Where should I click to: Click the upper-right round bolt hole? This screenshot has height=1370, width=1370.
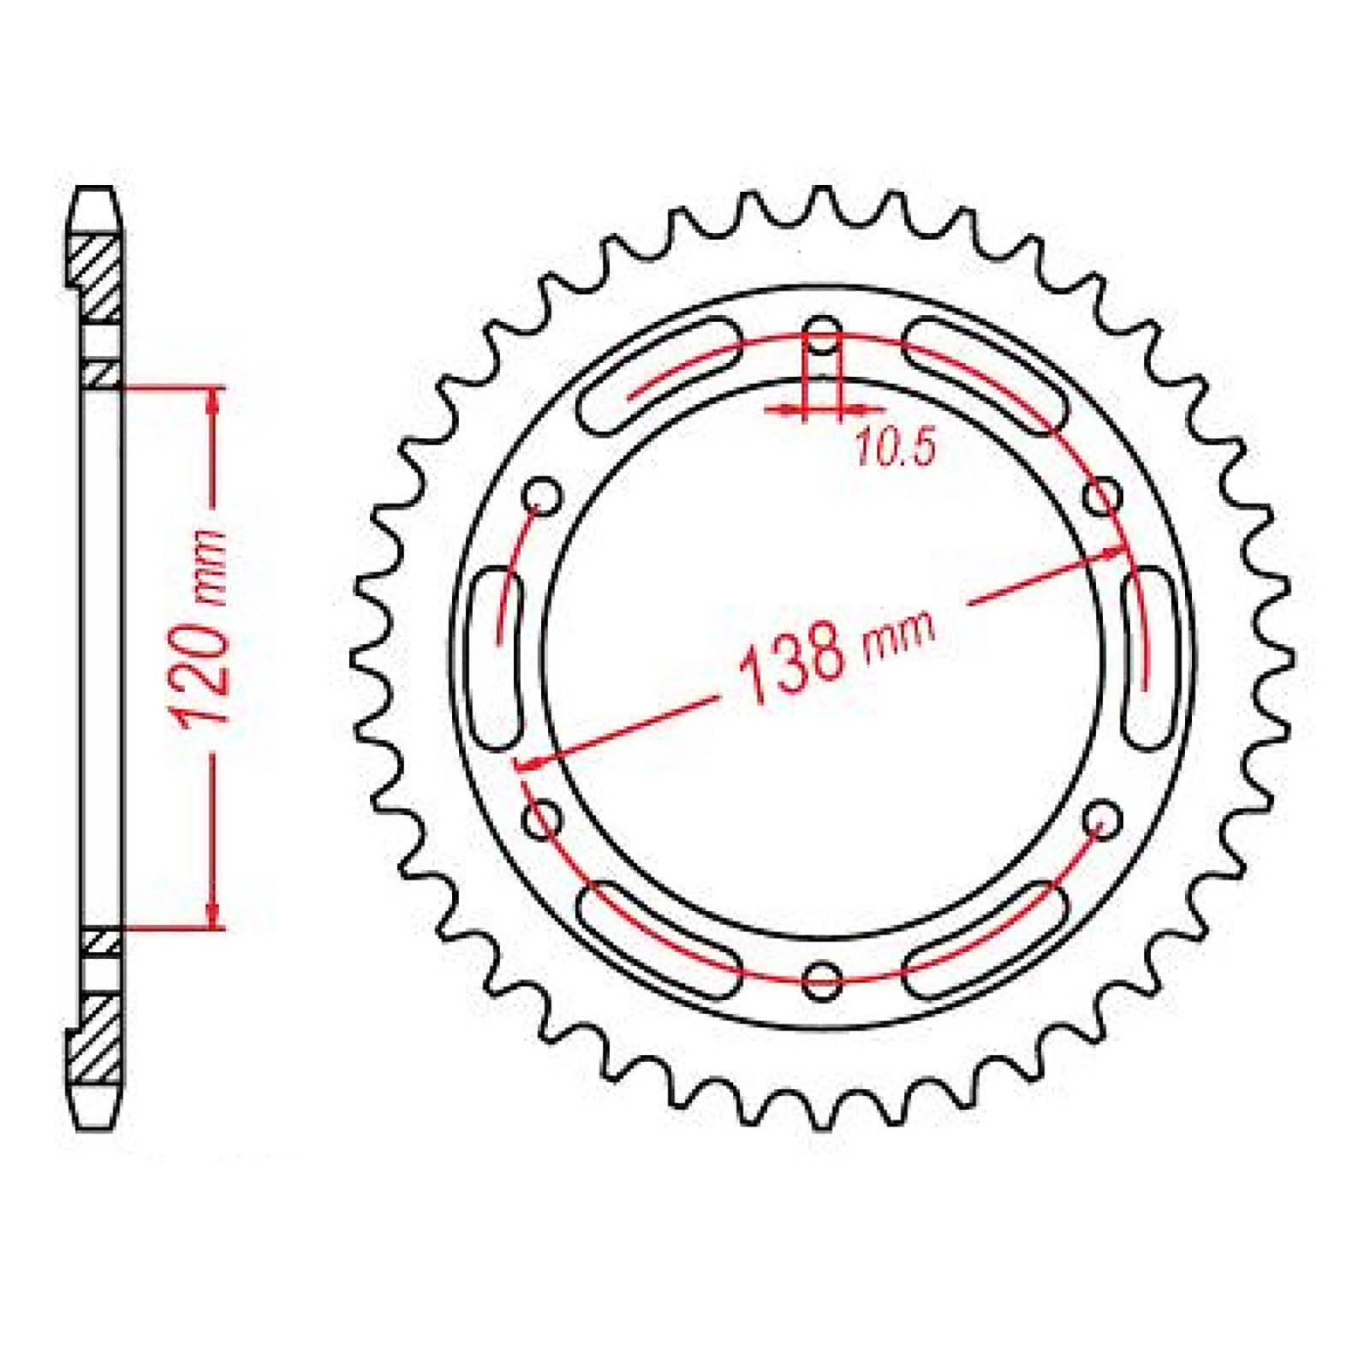click(x=1103, y=496)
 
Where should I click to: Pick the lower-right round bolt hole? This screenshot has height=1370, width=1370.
click(x=1103, y=819)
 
